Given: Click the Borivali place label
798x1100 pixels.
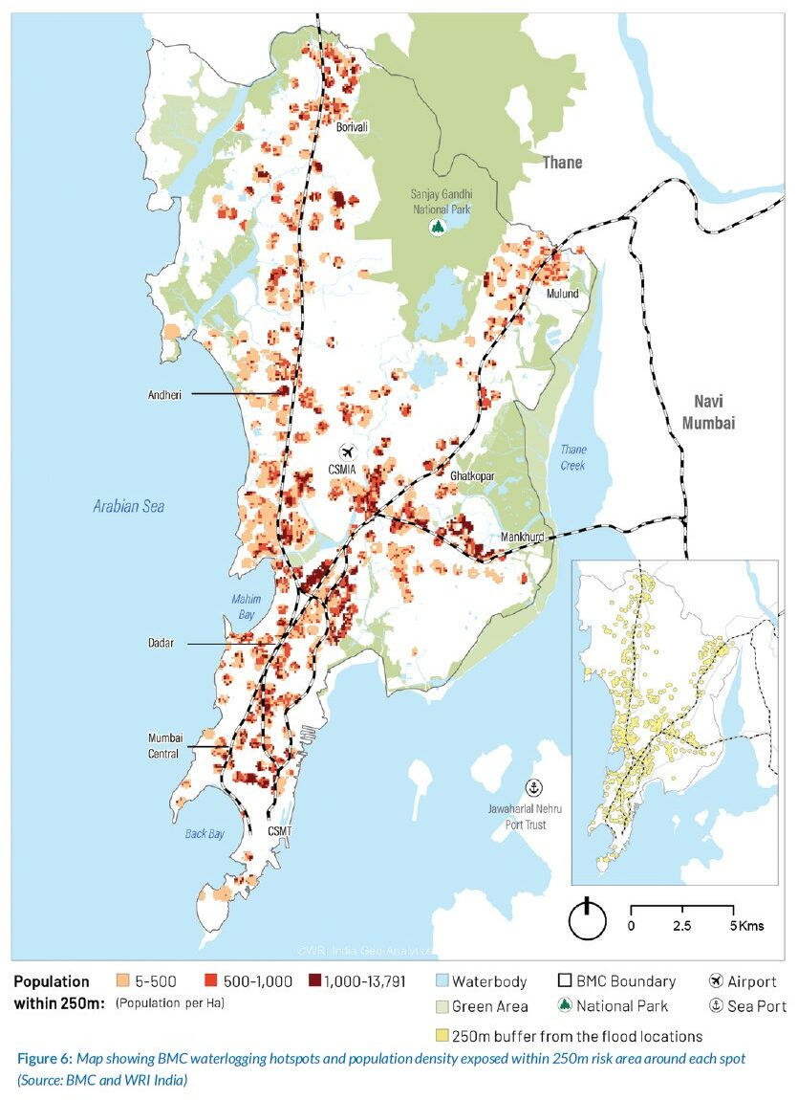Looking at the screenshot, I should coord(352,126).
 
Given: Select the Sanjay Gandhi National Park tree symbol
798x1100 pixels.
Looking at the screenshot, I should coord(438,228).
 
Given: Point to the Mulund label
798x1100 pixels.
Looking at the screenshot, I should coord(562,294).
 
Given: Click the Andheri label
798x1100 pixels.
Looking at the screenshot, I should coord(164,393).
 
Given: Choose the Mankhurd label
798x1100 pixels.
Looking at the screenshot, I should coord(522,538).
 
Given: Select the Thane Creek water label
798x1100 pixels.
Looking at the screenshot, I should coord(572,457).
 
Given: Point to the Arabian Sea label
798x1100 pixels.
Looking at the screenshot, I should coord(128,506).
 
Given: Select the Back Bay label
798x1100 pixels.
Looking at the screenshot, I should coord(205,834).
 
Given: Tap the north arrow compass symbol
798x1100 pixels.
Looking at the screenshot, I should coord(588,920).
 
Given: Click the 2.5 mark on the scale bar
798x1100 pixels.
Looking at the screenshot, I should coord(682,927).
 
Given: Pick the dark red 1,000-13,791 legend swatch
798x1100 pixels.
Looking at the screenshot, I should coord(314,981).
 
